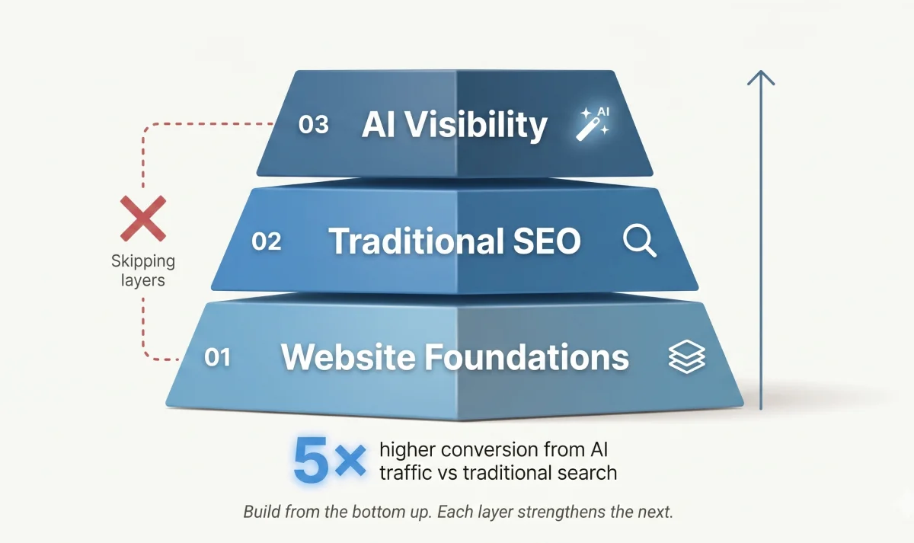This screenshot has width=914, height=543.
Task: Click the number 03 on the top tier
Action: pyautogui.click(x=313, y=124)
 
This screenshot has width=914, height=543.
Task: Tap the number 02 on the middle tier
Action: pyautogui.click(x=267, y=241)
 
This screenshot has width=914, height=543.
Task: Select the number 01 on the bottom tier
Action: pyautogui.click(x=217, y=357)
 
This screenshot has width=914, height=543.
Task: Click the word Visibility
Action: pyautogui.click(x=477, y=125)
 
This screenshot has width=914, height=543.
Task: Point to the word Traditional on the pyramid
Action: pyautogui.click(x=416, y=241)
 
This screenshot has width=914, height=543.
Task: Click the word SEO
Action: pyautogui.click(x=547, y=241)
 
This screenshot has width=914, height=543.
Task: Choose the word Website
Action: pyautogui.click(x=348, y=357)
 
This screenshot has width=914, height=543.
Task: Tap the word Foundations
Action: pyautogui.click(x=527, y=357)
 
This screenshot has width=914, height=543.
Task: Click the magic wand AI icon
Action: pyautogui.click(x=593, y=123)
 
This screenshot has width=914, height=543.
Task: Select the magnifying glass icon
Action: pyautogui.click(x=640, y=241)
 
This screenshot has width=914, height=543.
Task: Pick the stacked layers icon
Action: pyautogui.click(x=687, y=356)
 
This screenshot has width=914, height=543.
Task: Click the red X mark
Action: pyautogui.click(x=143, y=219)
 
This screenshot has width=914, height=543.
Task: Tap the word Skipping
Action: pyautogui.click(x=143, y=262)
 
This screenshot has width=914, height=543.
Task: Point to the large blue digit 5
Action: pyautogui.click(x=312, y=460)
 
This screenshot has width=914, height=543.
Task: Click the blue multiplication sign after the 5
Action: pyautogui.click(x=350, y=461)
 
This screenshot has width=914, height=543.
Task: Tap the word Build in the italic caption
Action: pyautogui.click(x=261, y=512)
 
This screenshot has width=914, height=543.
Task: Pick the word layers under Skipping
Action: pyautogui.click(x=143, y=281)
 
